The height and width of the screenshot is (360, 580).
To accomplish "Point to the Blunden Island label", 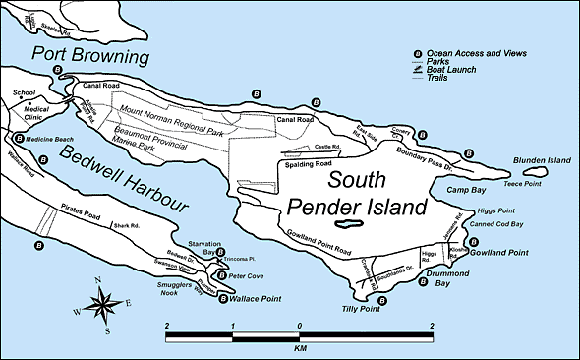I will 540,160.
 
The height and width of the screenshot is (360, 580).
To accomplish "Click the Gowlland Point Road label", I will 316,253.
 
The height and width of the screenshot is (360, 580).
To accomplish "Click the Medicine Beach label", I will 55,139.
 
